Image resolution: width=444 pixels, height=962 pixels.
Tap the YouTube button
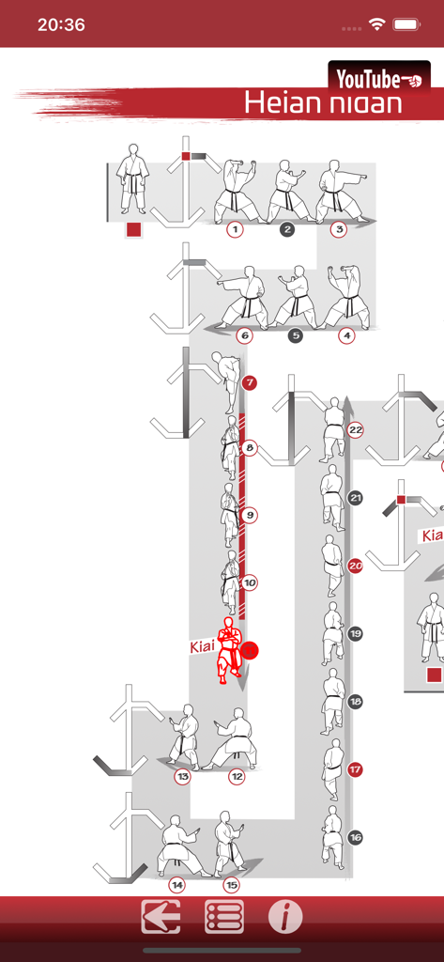[379, 77]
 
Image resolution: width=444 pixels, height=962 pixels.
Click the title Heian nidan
[322, 102]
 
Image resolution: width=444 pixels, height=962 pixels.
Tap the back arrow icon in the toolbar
[161, 917]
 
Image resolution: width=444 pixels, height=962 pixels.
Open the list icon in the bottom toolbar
[224, 917]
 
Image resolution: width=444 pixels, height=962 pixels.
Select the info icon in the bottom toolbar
[285, 917]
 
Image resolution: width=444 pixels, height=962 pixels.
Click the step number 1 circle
[235, 229]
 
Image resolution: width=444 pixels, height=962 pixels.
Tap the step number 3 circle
[339, 229]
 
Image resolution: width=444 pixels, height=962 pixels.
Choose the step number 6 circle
[245, 335]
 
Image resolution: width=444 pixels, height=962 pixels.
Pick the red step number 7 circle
[249, 383]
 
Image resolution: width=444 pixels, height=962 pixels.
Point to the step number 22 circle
[355, 430]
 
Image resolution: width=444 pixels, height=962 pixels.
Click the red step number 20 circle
[355, 566]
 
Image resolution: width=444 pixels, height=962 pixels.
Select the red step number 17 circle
[355, 769]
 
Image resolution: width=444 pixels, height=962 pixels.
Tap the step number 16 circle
[355, 837]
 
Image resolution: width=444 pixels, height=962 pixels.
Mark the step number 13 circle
[182, 777]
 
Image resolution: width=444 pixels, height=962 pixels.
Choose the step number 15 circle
[231, 885]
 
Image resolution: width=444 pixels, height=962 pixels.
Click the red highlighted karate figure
[227, 649]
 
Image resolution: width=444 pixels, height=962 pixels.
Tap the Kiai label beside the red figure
[203, 647]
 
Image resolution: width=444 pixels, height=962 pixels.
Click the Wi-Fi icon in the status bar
[377, 25]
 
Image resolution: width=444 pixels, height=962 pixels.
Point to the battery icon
[406, 25]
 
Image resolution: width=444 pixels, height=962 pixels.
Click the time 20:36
[61, 25]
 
